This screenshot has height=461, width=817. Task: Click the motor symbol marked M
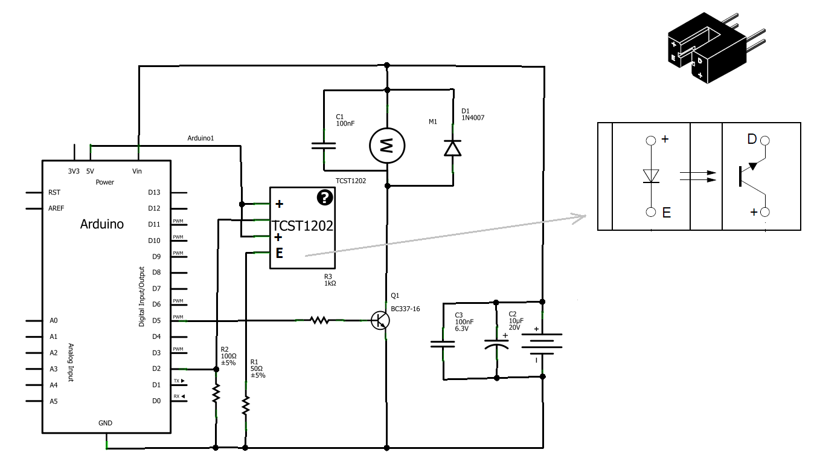point(387,145)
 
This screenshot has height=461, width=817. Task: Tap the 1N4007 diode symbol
point(452,147)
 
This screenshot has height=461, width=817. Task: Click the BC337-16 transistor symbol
point(380,321)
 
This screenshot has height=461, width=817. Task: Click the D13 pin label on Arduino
point(155,193)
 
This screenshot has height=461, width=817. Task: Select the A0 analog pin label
point(54,321)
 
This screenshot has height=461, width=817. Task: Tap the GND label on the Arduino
point(105,423)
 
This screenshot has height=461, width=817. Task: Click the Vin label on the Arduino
point(138,172)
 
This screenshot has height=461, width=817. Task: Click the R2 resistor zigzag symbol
point(216,394)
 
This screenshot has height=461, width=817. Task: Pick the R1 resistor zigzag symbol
point(245,405)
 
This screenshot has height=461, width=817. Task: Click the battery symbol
point(542,347)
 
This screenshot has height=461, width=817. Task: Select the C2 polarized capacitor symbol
point(496,346)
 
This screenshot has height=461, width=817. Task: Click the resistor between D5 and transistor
point(319,320)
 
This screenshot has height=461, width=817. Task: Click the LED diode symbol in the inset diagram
point(650,176)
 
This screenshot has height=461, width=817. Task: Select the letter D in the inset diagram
point(752,140)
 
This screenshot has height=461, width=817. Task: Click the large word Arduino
point(102,224)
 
